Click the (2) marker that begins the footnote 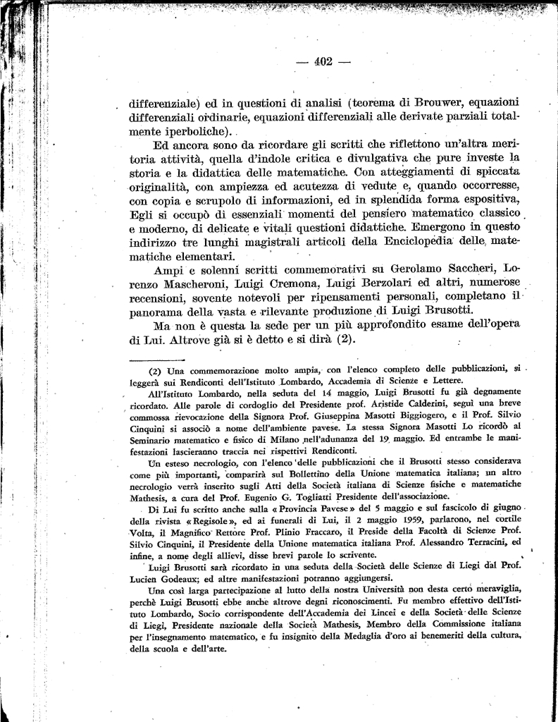pyautogui.click(x=155, y=369)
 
